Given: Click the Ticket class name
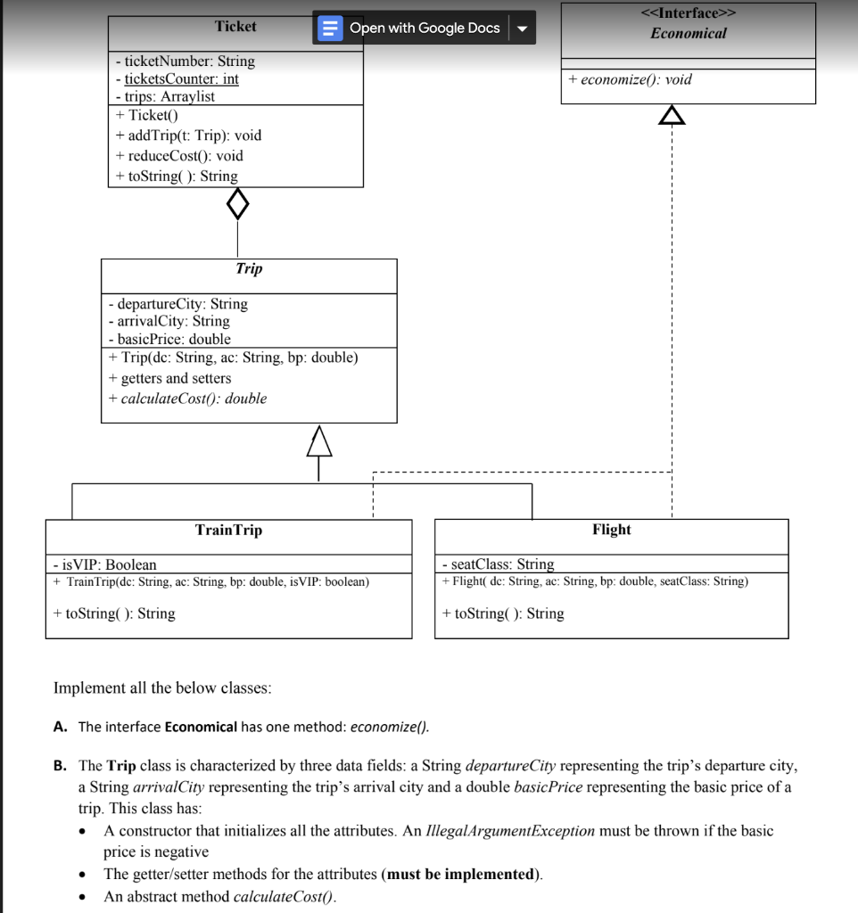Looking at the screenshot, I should pyautogui.click(x=235, y=27).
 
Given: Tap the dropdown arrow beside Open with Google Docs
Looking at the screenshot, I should pyautogui.click(x=522, y=28).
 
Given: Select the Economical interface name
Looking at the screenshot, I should pyautogui.click(x=688, y=33).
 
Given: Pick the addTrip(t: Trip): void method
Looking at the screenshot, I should pyautogui.click(x=188, y=136).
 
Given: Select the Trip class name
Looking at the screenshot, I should pyautogui.click(x=249, y=268).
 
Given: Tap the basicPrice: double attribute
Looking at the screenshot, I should pyautogui.click(x=169, y=339).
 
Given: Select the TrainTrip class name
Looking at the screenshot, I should pyautogui.click(x=228, y=531).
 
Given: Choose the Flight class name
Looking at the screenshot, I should pyautogui.click(x=611, y=530).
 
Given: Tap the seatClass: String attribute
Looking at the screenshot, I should pyautogui.click(x=498, y=564).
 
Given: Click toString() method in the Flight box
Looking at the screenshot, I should pyautogui.click(x=503, y=613).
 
